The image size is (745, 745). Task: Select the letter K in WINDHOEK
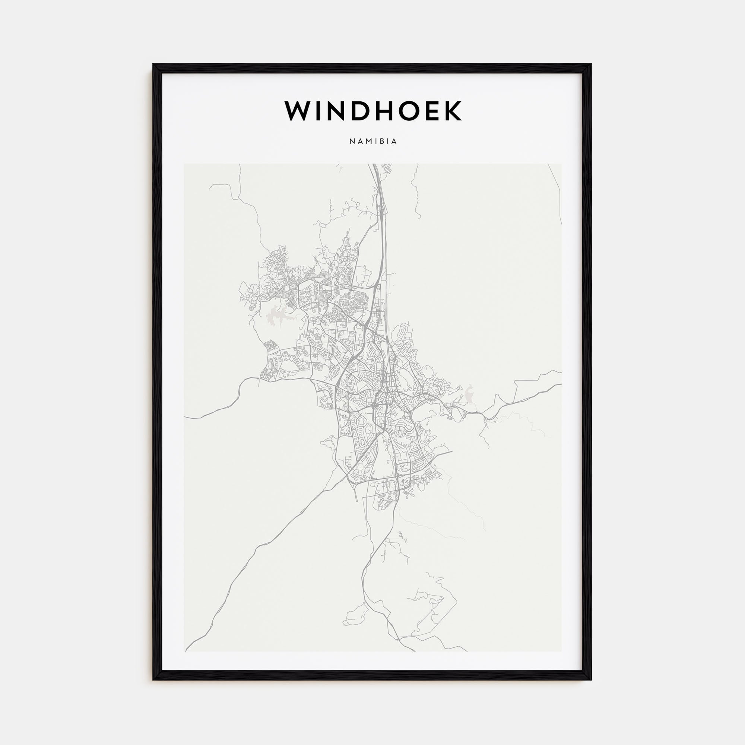point(452,111)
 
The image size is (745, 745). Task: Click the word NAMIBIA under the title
point(373,142)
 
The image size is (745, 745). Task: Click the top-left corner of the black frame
point(153,64)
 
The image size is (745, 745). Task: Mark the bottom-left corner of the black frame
point(153,679)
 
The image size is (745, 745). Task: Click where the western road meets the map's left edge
point(185,418)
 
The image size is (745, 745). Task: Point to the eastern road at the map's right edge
point(560,384)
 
